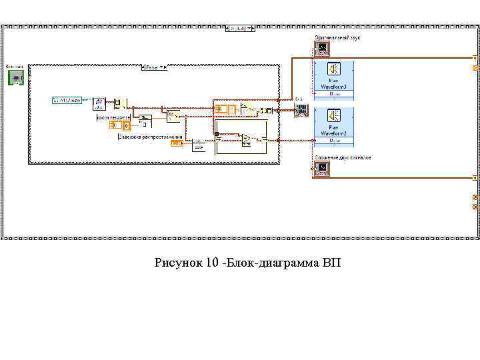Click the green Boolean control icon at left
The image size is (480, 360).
[15, 77]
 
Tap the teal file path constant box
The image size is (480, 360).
[67, 100]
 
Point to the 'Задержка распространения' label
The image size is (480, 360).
[150, 136]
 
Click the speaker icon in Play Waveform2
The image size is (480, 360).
[334, 116]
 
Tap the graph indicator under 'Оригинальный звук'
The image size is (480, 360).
[322, 49]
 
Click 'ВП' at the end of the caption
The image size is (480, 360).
[331, 263]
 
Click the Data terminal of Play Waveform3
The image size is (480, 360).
[334, 94]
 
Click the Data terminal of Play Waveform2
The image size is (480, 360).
[334, 141]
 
